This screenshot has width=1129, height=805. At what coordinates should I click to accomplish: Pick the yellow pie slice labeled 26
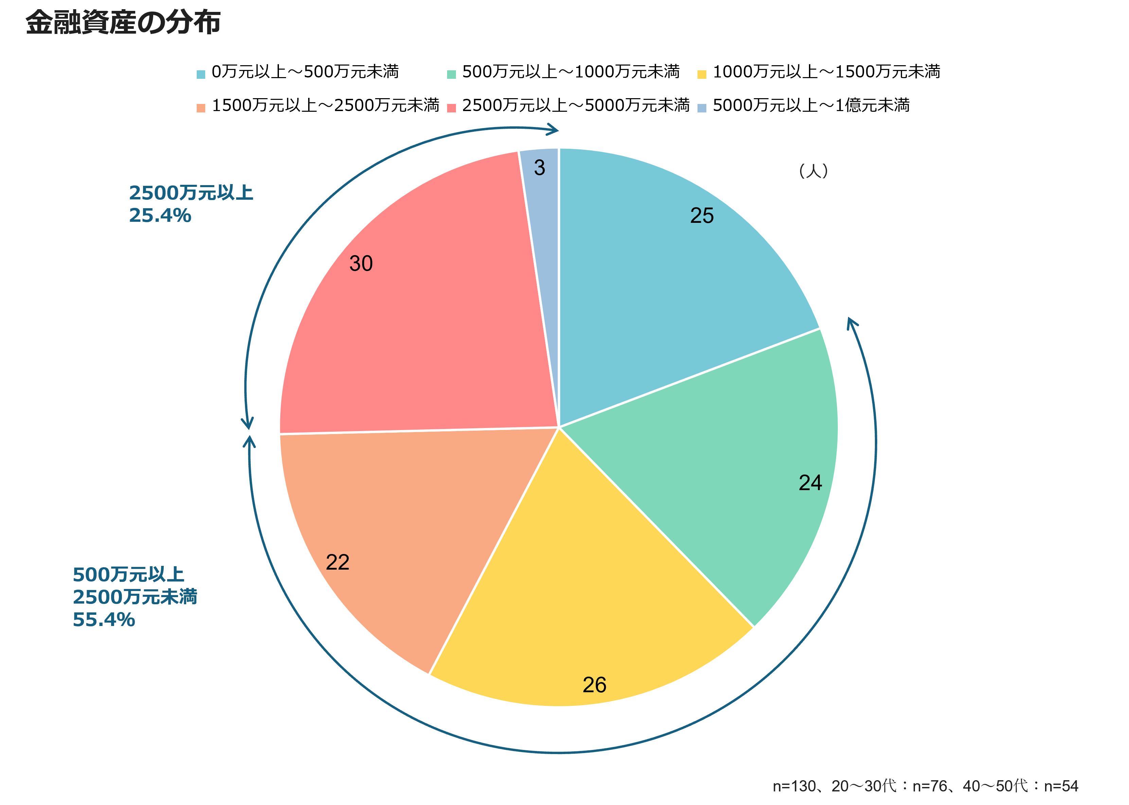(585, 595)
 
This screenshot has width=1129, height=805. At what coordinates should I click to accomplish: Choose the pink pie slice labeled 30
(421, 322)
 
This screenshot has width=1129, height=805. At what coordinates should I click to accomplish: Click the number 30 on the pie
(360, 264)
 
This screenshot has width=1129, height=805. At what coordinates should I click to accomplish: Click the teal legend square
(201, 75)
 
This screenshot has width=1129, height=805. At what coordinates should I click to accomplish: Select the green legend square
(451, 75)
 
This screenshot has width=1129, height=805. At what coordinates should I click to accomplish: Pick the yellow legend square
(702, 75)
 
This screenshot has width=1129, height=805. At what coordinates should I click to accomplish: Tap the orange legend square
(201, 108)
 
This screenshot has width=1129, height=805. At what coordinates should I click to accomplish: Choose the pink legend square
(451, 108)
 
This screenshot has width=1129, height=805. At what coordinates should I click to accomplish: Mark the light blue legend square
(702, 108)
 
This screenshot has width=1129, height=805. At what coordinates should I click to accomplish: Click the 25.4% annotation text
(160, 216)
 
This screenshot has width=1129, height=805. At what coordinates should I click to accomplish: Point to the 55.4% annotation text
(104, 620)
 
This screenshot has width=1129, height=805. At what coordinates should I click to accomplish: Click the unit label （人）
(813, 171)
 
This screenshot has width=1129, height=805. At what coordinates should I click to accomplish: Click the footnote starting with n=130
(925, 786)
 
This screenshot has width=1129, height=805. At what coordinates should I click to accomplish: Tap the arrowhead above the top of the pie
(553, 130)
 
